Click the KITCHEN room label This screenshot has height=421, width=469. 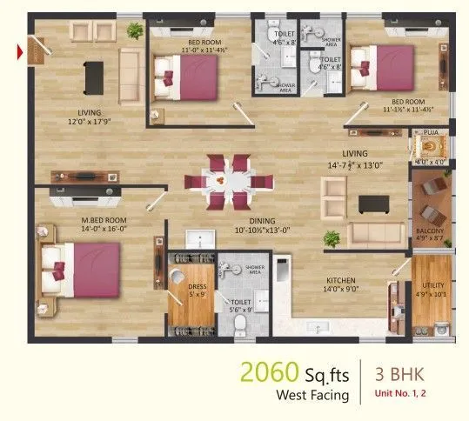[x=340, y=280]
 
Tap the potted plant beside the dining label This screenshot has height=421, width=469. [x=331, y=237]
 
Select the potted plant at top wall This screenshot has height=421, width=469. [x=135, y=30]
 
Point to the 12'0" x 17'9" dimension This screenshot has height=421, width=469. [x=88, y=123]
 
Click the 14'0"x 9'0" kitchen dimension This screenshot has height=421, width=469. [x=340, y=289]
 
